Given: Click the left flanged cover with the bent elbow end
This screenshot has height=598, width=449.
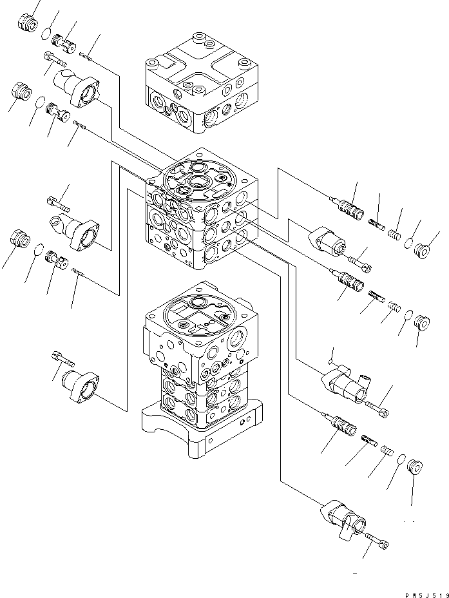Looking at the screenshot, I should tap(75, 231).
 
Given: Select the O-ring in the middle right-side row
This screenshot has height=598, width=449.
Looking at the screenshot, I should tap(407, 314).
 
